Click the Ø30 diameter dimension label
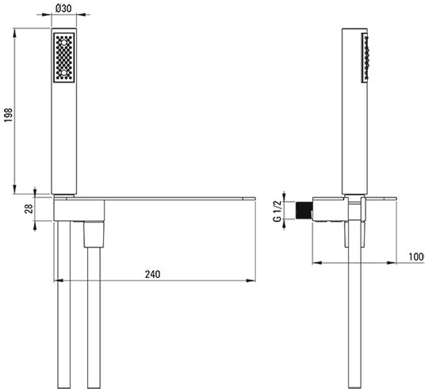(63, 9)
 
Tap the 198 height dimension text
(9, 115)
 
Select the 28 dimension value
(29, 208)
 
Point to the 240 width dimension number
(153, 274)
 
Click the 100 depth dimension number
(416, 257)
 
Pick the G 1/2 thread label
(277, 211)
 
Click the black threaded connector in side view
(303, 211)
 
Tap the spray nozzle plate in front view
(64, 58)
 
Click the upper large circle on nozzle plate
(64, 43)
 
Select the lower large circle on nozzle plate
(64, 73)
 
